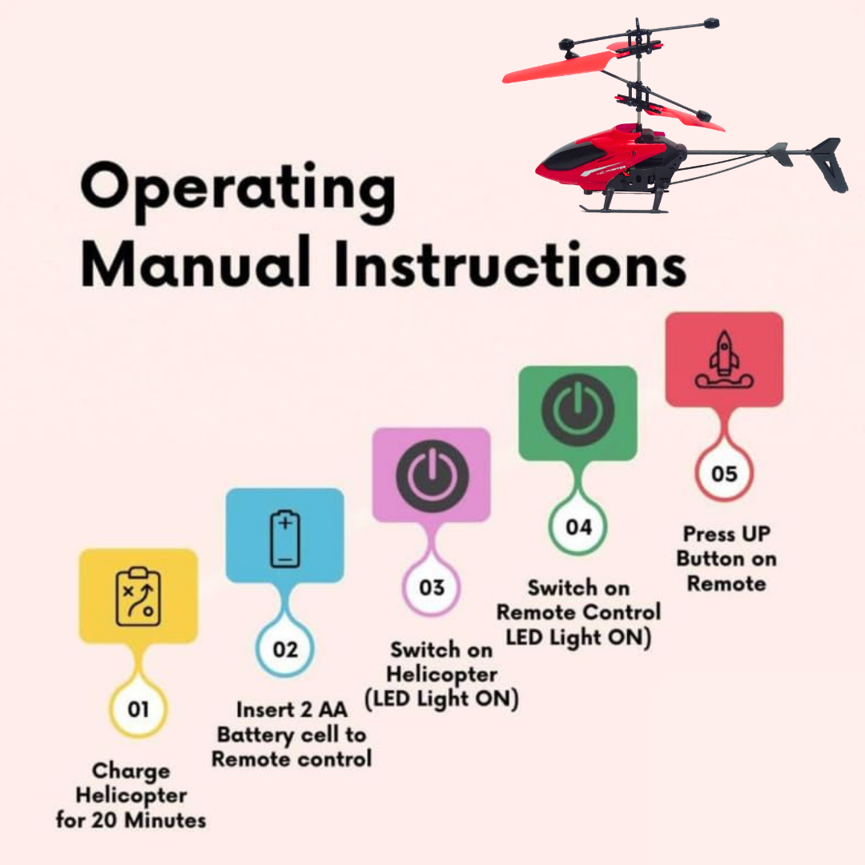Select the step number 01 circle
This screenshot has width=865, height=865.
click(138, 709)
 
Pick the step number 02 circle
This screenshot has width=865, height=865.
click(284, 649)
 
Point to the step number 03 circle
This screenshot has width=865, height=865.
click(432, 587)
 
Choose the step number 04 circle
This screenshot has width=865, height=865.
click(578, 527)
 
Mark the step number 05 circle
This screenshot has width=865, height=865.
click(724, 473)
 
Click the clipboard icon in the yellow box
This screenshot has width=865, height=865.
click(139, 597)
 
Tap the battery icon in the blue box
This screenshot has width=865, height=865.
click(285, 539)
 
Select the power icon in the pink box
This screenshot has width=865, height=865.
click(432, 476)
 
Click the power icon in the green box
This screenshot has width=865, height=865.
click(578, 410)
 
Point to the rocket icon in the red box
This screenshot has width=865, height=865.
click(724, 360)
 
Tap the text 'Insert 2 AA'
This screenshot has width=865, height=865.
click(292, 710)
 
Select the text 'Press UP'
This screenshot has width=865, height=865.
click(726, 533)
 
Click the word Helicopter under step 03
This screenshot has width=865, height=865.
click(442, 674)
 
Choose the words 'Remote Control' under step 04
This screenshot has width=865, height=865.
click(579, 612)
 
